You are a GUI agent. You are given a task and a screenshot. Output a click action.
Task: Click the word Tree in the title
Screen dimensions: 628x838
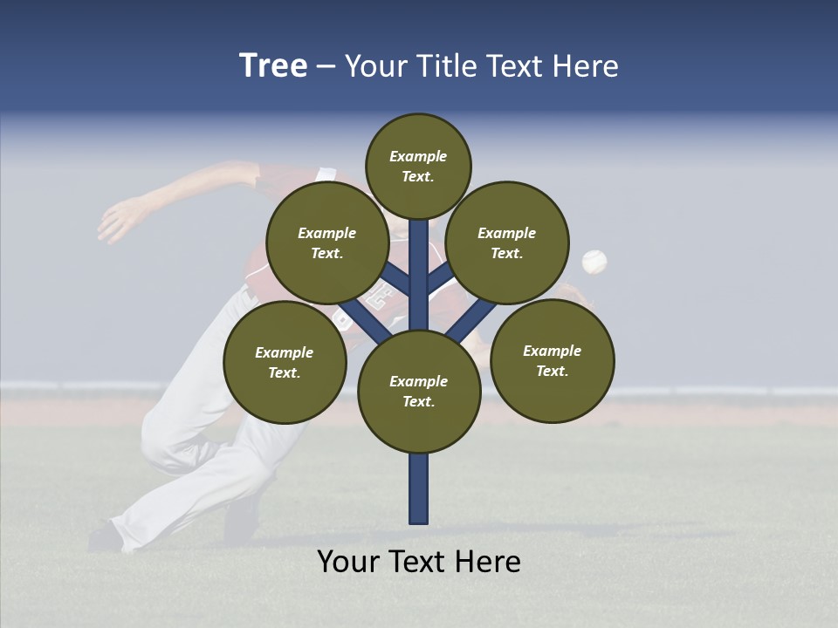point(273,66)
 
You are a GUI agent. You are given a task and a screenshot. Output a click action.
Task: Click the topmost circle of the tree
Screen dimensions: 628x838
point(418,166)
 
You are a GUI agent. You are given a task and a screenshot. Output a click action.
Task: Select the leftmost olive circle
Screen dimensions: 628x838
point(285,362)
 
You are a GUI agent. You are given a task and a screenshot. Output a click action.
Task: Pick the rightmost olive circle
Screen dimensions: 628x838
point(552,360)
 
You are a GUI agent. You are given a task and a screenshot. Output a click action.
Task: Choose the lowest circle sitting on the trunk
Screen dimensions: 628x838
point(419,391)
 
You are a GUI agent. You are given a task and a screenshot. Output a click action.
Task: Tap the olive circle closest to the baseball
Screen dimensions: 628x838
point(507,242)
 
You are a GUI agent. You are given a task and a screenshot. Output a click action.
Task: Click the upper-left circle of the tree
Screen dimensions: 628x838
point(327,242)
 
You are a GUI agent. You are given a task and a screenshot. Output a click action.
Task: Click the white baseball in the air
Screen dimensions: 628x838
point(594,261)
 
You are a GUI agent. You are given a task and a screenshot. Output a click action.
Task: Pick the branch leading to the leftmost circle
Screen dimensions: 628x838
point(364,319)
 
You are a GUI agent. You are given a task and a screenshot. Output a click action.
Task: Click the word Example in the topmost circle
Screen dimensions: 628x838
point(418,156)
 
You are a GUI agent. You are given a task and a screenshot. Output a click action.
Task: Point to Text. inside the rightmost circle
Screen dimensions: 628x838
point(552,371)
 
